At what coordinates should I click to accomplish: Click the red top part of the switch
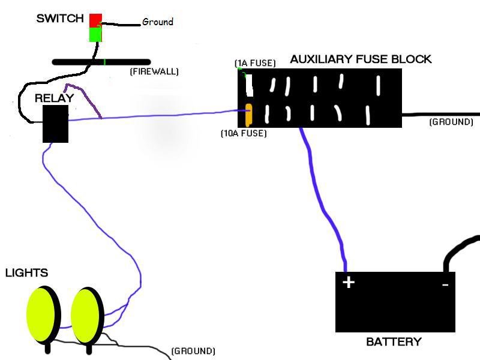95,20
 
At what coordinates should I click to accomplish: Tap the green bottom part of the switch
95,35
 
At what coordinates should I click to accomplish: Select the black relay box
55,124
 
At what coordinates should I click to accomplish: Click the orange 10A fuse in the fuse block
249,115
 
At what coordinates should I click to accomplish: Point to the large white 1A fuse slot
249,85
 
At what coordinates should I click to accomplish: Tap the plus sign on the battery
349,282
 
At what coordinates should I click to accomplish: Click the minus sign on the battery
445,285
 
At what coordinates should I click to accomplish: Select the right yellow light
88,316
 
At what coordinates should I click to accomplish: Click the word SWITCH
60,19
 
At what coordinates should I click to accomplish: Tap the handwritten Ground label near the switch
158,22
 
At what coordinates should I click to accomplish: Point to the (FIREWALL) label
154,71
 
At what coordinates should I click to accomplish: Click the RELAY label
55,98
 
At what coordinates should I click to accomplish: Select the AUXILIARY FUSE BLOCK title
361,59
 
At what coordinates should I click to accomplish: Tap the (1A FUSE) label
256,63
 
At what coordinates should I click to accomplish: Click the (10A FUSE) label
244,133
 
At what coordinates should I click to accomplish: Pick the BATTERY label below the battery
394,341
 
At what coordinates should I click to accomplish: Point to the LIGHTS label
27,273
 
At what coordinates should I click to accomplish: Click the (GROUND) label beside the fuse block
451,122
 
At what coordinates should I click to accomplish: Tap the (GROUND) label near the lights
193,351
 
